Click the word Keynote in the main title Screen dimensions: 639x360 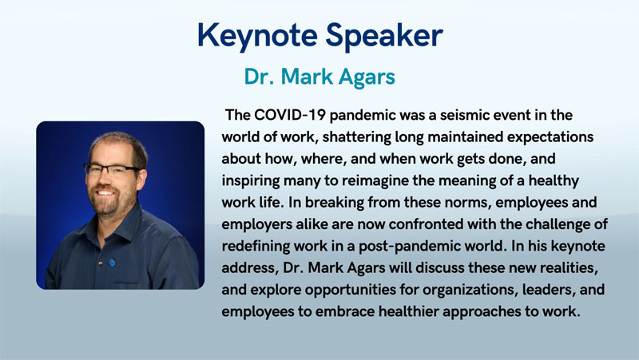(257, 36)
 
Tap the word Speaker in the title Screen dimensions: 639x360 (384, 36)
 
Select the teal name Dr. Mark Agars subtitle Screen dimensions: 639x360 (319, 77)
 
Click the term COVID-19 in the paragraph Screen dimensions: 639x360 (290, 115)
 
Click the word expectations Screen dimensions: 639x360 (550, 136)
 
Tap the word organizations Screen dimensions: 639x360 (470, 290)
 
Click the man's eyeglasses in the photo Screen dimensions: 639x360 (111, 170)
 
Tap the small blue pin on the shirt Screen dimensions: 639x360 (112, 263)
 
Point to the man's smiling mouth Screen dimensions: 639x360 (105, 192)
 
